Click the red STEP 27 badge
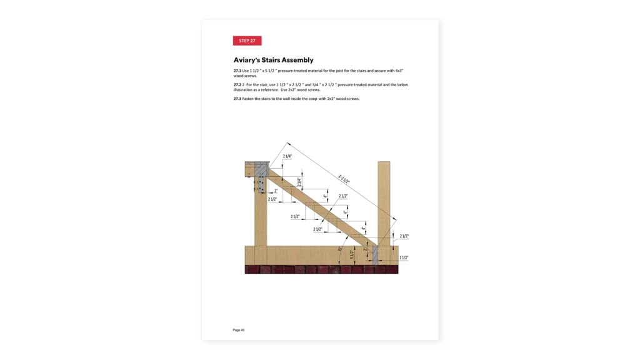[x=247, y=41]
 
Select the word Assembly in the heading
[x=297, y=60]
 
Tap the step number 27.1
[x=237, y=71]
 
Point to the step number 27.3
[x=237, y=99]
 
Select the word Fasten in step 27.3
[x=249, y=99]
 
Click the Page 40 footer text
[x=239, y=330]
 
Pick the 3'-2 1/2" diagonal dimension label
[x=344, y=179]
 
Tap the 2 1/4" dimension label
[x=287, y=156]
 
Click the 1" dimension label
[x=276, y=191]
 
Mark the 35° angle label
[x=340, y=249]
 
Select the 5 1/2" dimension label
[x=352, y=254]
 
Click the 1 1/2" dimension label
[x=404, y=257]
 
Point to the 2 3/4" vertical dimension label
[x=299, y=182]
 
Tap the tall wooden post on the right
[x=384, y=200]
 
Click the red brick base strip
[x=321, y=270]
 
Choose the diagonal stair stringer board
[x=319, y=207]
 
